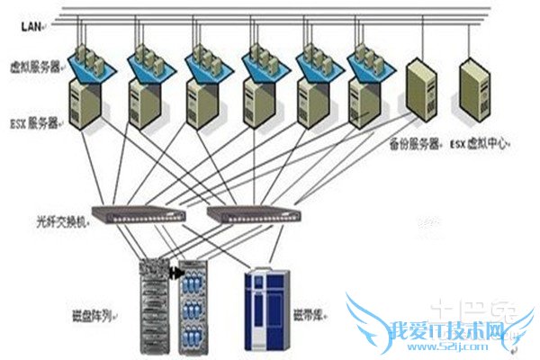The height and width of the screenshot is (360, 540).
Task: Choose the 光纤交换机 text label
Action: (60, 219)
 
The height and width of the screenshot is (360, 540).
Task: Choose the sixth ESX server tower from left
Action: (367, 101)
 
